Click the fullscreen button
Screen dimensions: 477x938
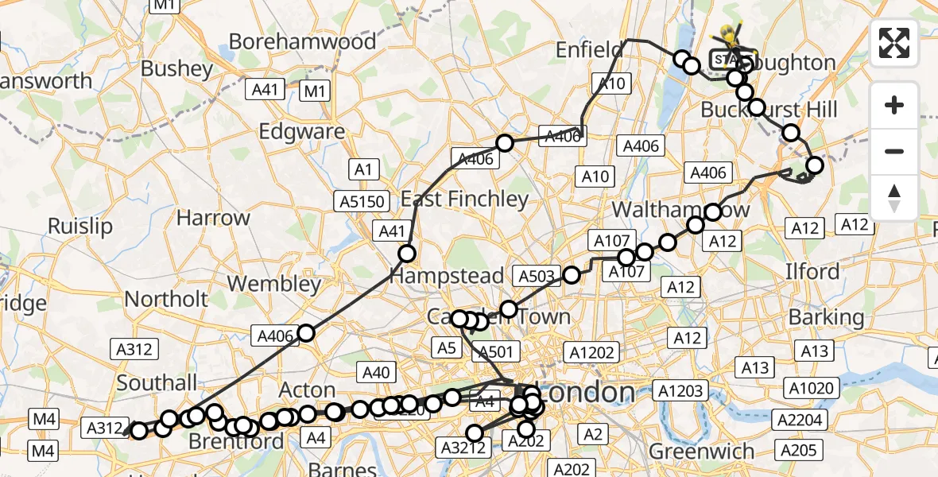coord(894,43)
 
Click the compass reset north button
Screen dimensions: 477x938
coord(894,196)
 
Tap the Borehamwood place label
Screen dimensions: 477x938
coord(303,41)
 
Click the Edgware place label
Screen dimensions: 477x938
coord(302,131)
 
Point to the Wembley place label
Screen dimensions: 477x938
coord(273,283)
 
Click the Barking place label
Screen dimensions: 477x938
coord(826,317)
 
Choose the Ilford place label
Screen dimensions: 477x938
coord(812,271)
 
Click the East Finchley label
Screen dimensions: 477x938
coord(465,199)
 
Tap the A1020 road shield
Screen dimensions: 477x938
coord(811,388)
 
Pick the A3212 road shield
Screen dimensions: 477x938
coord(459,448)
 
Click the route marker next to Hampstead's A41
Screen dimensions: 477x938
coord(407,254)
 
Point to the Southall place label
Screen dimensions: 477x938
coord(157,382)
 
